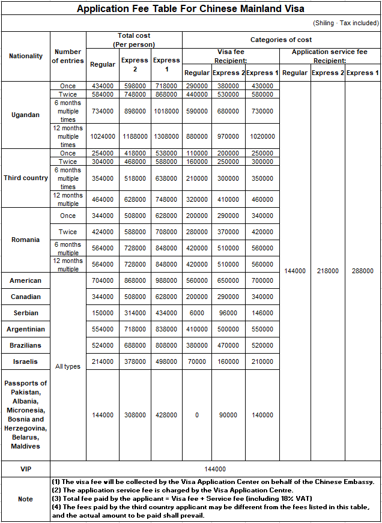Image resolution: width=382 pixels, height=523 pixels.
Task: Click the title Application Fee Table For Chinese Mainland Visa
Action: pos(190,9)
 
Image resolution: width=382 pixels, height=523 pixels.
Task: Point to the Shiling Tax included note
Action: pos(345,23)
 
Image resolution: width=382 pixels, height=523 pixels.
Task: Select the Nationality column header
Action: pos(26,56)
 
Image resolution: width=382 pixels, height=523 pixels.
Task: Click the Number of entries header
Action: pos(68,56)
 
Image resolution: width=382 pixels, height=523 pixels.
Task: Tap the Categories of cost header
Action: pos(281,40)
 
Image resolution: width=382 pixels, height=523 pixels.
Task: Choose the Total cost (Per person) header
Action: pos(134,40)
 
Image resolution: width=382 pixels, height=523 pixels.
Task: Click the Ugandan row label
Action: pos(26,115)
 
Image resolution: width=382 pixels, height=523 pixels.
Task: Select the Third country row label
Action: pos(26,178)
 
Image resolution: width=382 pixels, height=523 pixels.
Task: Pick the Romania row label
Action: pos(26,240)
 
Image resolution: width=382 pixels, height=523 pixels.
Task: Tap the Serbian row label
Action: pos(26,313)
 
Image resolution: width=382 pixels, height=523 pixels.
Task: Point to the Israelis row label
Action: pos(26,361)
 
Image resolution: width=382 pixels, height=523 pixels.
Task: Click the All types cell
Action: pos(68,366)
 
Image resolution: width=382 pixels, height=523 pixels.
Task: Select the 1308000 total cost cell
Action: pos(166,136)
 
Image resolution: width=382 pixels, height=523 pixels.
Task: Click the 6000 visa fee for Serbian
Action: pos(197,313)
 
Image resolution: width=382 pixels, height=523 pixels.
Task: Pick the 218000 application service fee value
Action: pos(328,271)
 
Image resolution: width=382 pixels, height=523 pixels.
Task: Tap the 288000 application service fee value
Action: pos(363,271)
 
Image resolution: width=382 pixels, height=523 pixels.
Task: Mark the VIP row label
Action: pos(26,469)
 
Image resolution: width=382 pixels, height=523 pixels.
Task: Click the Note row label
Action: pos(26,499)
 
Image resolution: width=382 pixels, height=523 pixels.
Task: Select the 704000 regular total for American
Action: pos(103,280)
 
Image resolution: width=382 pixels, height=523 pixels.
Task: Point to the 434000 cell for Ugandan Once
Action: pos(103,86)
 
